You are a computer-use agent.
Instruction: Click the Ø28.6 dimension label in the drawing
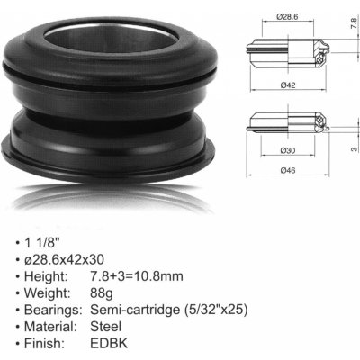click(287, 17)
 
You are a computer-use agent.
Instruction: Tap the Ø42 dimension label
click(288, 85)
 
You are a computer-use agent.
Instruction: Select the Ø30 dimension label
click(288, 150)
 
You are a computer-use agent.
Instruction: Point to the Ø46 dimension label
click(288, 170)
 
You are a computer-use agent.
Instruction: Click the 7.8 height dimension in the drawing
click(354, 22)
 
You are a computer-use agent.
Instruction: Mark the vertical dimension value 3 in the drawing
click(354, 148)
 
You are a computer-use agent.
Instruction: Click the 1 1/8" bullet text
click(40, 242)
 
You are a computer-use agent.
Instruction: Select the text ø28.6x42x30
click(64, 259)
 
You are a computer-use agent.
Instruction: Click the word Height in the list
click(46, 276)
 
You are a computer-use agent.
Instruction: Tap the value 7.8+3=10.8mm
click(137, 276)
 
